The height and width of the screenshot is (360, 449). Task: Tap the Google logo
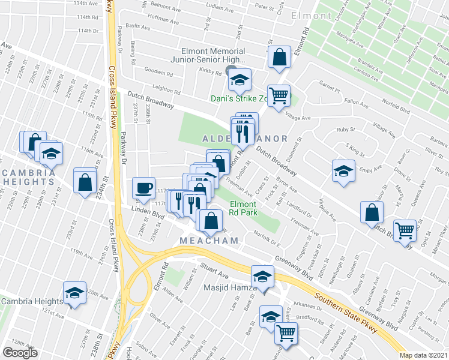click(20, 353)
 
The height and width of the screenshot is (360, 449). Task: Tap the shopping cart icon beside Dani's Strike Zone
click(279, 95)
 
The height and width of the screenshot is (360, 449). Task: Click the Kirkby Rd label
click(211, 71)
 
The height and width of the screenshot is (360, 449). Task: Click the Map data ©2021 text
click(424, 355)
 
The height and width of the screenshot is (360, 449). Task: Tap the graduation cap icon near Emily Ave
click(343, 170)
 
